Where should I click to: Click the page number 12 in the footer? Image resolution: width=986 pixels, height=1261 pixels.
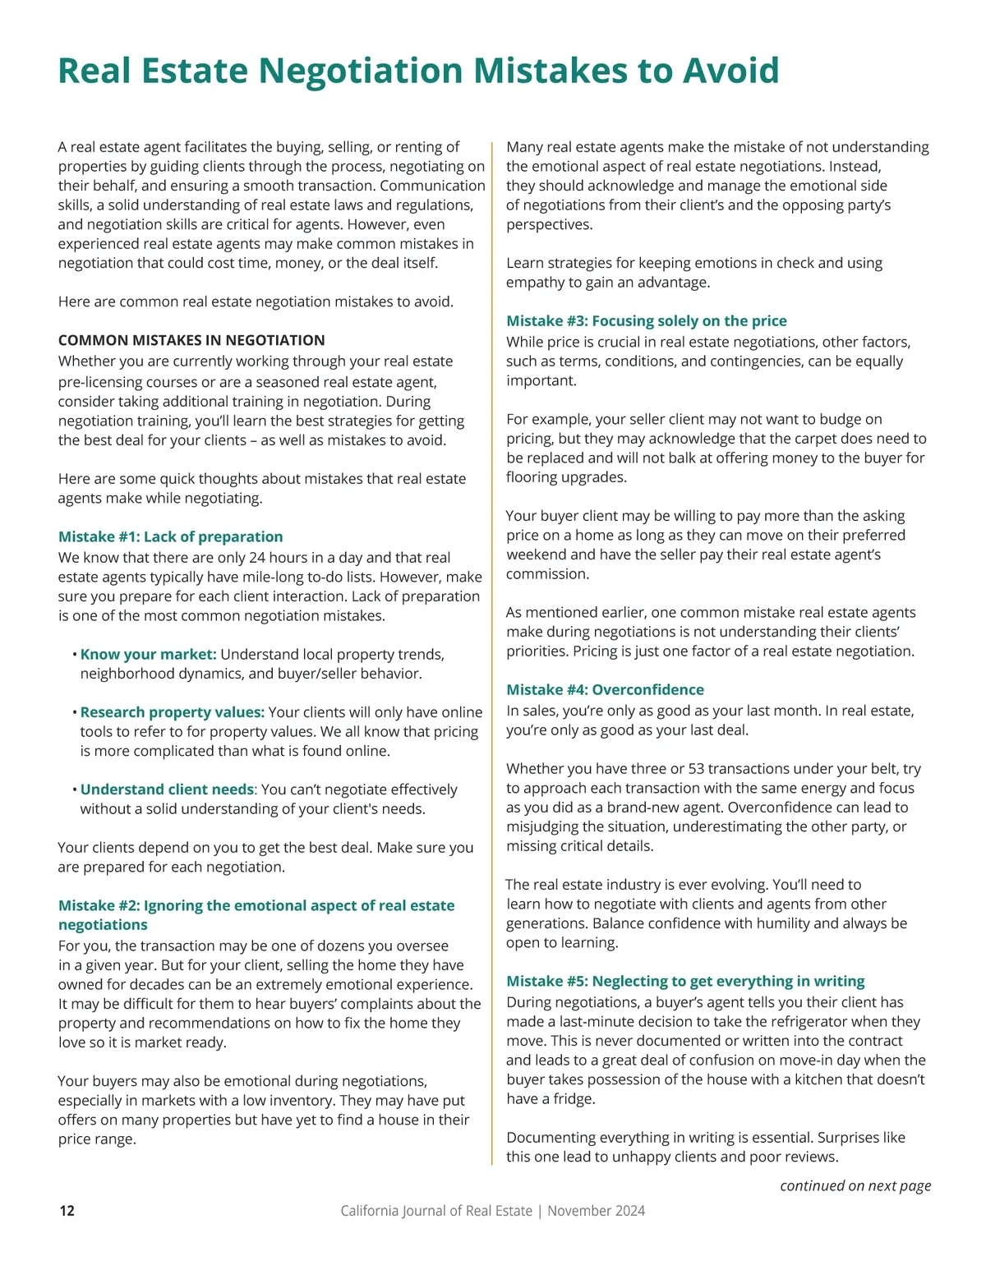pyautogui.click(x=67, y=1210)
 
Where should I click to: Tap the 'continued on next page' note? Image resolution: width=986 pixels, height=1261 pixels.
pyautogui.click(x=855, y=1185)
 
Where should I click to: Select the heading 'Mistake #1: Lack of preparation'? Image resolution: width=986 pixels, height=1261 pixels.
pyautogui.click(x=170, y=536)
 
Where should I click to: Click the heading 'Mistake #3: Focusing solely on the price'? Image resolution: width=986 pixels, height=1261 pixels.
pyautogui.click(x=646, y=320)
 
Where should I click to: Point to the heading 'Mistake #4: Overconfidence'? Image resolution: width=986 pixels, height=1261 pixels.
pyautogui.click(x=605, y=689)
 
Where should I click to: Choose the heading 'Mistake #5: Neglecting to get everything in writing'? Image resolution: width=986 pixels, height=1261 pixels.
pyautogui.click(x=685, y=981)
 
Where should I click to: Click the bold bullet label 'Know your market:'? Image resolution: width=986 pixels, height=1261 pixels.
pyautogui.click(x=148, y=654)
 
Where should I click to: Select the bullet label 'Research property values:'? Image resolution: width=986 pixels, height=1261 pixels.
pyautogui.click(x=172, y=712)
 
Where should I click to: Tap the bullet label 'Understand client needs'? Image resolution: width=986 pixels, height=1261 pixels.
pyautogui.click(x=167, y=789)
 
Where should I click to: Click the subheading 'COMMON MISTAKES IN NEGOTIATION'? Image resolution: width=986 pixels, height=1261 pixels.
pyautogui.click(x=191, y=340)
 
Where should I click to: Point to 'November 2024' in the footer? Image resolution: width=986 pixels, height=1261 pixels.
pyautogui.click(x=596, y=1210)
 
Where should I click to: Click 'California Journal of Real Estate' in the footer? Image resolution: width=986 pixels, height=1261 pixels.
pyautogui.click(x=435, y=1210)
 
